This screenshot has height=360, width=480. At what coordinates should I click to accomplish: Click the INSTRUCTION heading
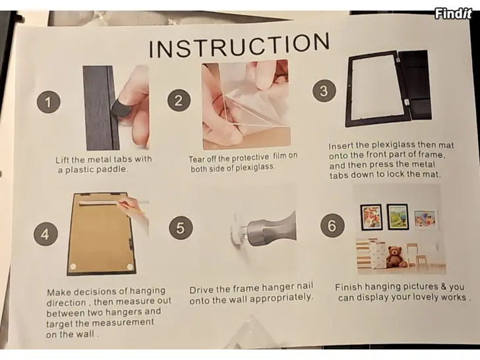pyautogui.click(x=239, y=45)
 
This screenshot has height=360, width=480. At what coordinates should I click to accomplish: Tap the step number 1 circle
pyautogui.click(x=48, y=102)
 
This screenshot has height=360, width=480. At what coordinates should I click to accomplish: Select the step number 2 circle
pyautogui.click(x=179, y=100)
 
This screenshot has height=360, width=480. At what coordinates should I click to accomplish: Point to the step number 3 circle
pyautogui.click(x=324, y=91)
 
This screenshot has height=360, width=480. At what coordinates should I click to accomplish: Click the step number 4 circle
pyautogui.click(x=45, y=234)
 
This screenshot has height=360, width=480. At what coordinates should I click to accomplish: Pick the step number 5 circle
pyautogui.click(x=181, y=227)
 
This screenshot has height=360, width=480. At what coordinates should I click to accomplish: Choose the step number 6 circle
pyautogui.click(x=332, y=225)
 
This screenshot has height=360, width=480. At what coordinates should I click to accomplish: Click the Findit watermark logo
pyautogui.click(x=453, y=13)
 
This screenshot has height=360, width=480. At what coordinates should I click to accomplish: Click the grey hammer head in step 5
pyautogui.click(x=270, y=229)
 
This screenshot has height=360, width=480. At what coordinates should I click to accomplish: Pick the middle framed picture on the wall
pyautogui.click(x=398, y=217)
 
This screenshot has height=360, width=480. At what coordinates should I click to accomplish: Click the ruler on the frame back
pyautogui.click(x=99, y=202)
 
